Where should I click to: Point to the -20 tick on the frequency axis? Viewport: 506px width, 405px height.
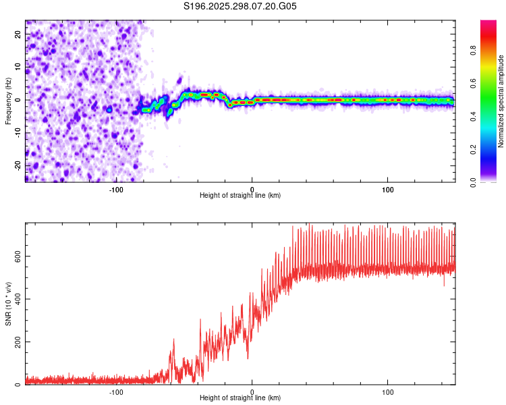click(18, 165)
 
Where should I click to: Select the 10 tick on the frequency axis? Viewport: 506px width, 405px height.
click(18, 67)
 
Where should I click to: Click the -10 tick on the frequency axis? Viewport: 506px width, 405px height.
click(18, 132)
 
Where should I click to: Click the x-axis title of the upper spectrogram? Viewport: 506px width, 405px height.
click(240, 195)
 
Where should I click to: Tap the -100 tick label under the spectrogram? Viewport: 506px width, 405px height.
click(116, 188)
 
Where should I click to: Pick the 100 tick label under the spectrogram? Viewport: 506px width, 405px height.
click(388, 188)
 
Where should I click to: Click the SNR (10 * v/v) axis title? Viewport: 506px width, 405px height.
click(9, 304)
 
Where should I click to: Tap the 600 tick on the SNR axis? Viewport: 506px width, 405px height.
click(18, 256)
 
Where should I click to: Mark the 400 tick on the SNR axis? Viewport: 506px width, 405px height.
click(18, 299)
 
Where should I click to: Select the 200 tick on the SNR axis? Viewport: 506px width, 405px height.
click(18, 342)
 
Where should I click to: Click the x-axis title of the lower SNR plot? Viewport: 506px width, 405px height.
click(240, 398)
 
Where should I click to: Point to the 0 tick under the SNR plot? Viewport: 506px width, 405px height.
click(252, 391)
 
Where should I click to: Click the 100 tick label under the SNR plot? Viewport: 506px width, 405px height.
click(388, 391)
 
